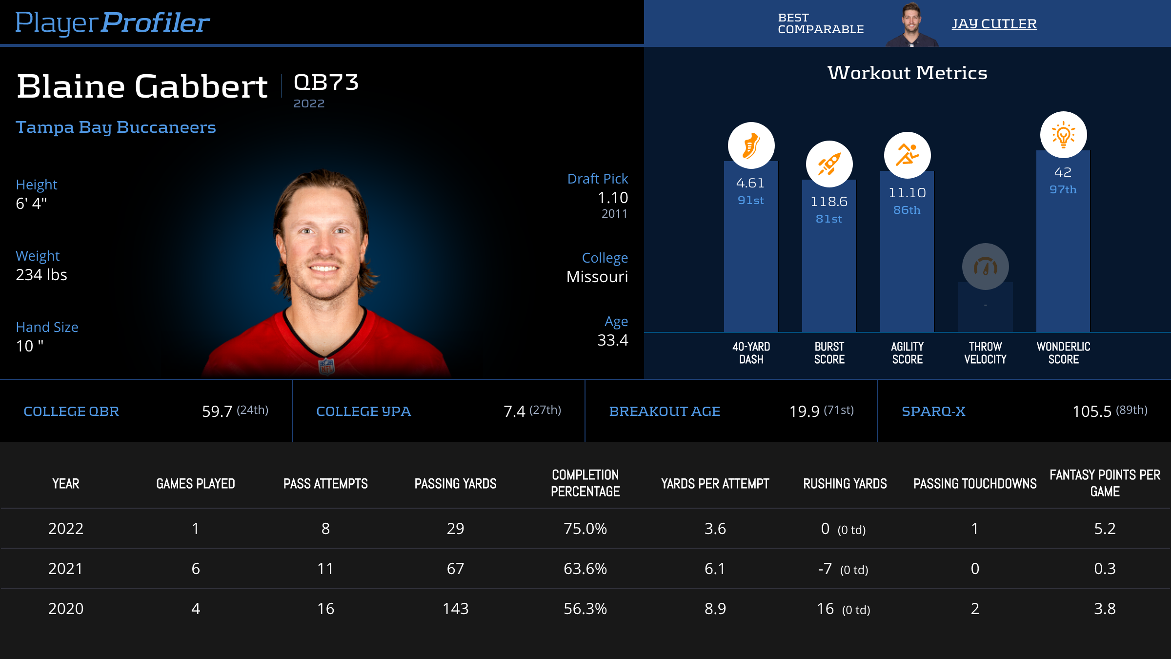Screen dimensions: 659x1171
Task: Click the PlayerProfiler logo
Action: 112,23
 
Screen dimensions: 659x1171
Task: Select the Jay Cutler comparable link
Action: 994,24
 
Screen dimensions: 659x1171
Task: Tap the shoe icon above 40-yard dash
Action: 751,145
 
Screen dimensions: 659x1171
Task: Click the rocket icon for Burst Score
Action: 829,164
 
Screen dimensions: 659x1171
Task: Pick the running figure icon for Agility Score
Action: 907,155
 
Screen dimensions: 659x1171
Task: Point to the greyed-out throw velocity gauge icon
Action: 985,267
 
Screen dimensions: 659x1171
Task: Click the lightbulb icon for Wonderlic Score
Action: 1063,135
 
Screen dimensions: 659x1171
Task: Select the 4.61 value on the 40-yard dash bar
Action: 750,183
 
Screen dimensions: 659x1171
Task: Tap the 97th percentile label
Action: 1063,189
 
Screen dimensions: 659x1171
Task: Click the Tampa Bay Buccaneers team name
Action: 116,127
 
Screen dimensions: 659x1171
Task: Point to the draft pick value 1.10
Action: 613,198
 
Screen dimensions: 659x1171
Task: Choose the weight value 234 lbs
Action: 41,275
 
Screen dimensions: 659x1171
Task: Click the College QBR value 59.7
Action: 217,412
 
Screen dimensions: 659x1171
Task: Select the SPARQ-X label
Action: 933,412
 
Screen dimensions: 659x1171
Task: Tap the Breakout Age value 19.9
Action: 804,412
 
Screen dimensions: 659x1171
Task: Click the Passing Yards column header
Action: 455,483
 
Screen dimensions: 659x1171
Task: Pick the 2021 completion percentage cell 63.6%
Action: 585,569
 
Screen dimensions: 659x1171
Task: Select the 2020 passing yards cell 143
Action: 455,609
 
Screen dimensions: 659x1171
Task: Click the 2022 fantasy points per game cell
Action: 1105,529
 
